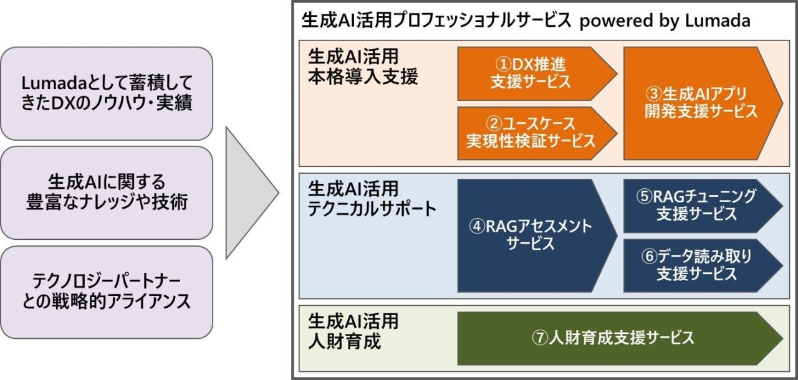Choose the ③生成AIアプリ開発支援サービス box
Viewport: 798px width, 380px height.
703,103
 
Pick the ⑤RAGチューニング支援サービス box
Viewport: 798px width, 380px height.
703,206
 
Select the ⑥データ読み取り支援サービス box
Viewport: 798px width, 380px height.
703,265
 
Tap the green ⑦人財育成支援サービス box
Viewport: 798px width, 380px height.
620,338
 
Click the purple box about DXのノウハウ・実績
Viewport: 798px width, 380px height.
107,93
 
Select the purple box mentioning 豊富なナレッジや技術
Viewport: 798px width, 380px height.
107,193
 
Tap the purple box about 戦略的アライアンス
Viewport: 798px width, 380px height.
107,292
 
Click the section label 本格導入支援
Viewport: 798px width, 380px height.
363,77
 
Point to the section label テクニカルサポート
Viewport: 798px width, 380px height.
372,209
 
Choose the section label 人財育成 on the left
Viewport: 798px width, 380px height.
344,341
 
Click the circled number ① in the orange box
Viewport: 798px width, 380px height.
503,65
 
